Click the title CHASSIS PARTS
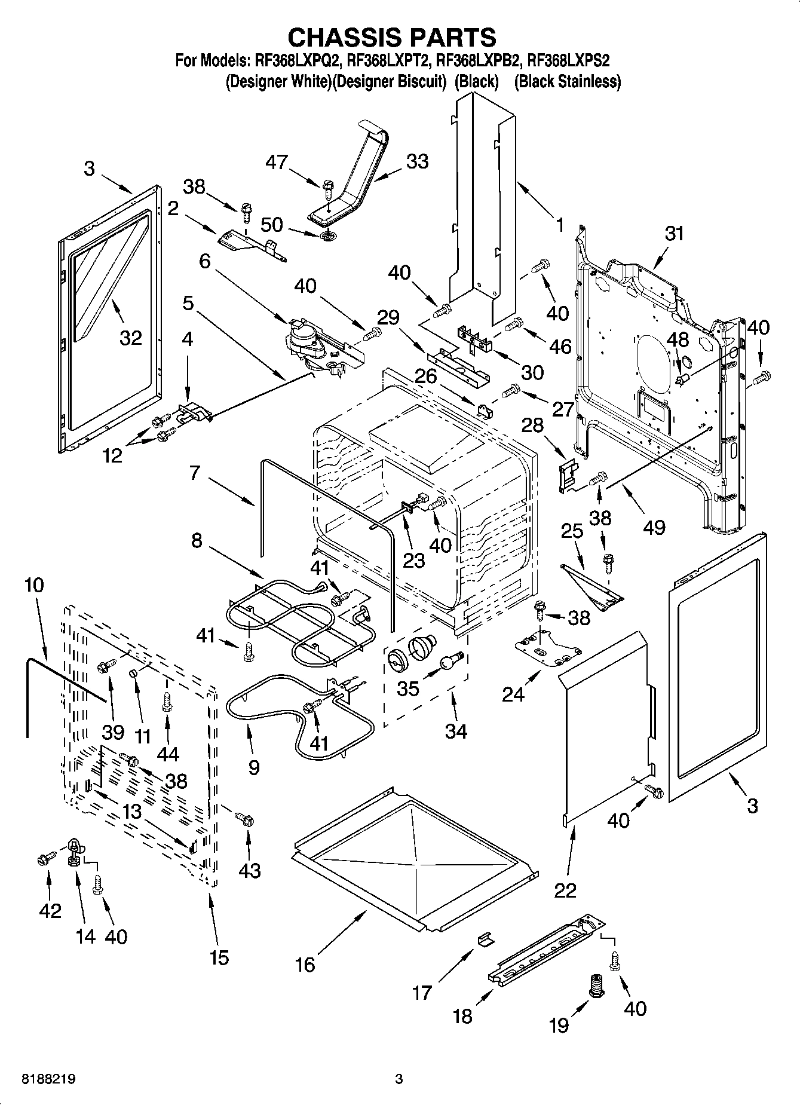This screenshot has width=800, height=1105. coord(392,37)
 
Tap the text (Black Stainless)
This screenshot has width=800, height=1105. coord(568,81)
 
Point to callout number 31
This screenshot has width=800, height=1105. coord(674,233)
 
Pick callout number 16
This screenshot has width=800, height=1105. coord(305,964)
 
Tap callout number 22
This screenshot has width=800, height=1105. coord(565,890)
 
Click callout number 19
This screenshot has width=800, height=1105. coord(559,1025)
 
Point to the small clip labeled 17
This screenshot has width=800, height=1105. coord(486,939)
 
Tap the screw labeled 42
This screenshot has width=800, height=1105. coord(44,859)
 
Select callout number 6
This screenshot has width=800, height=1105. coord(205,261)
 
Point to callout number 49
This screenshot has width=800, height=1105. coord(654,527)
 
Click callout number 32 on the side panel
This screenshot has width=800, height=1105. coord(130,338)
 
